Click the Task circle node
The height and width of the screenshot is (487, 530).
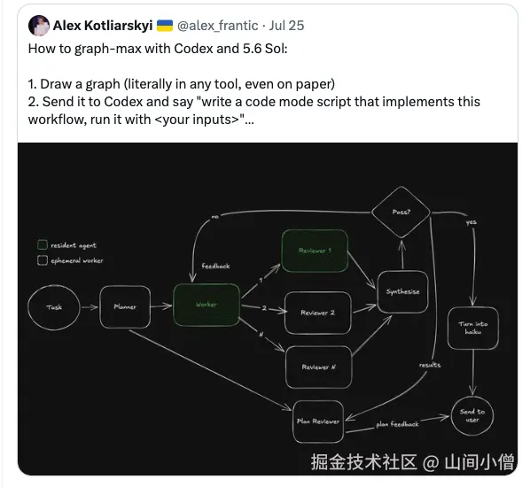[54, 307]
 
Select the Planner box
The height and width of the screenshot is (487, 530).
[125, 306]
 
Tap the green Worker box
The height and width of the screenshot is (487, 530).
[207, 305]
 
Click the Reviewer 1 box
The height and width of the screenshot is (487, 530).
[315, 251]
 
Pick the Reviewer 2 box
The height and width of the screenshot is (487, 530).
[317, 313]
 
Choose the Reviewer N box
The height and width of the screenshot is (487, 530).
[319, 367]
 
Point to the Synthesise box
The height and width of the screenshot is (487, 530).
[402, 291]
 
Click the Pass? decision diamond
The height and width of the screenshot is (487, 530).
[401, 213]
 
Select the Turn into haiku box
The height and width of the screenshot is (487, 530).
[473, 328]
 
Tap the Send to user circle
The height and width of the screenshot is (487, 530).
[472, 415]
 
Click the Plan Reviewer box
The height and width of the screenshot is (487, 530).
[318, 421]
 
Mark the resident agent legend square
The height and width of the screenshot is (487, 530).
[43, 245]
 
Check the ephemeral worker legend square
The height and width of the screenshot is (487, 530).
[43, 260]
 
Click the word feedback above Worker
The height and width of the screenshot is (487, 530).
[215, 267]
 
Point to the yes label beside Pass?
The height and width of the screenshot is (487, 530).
[472, 222]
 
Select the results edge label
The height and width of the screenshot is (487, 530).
[430, 365]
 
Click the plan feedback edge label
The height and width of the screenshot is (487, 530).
[397, 424]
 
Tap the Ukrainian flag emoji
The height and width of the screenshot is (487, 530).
[165, 26]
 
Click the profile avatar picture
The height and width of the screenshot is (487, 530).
[39, 26]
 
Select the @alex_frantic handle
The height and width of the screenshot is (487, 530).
[218, 26]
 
